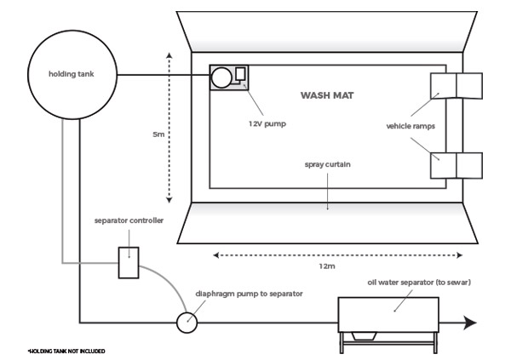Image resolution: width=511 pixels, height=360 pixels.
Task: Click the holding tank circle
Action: [73, 74]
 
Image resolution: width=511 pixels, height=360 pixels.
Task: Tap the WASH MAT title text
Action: [327, 95]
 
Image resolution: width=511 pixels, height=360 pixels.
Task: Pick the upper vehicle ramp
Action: [456, 87]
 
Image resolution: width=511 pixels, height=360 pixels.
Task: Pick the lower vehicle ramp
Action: [456, 164]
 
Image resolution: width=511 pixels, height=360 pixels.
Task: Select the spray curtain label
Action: [328, 164]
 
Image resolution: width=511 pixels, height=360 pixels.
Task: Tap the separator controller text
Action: [129, 220]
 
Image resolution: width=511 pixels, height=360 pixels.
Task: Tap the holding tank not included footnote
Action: [66, 350]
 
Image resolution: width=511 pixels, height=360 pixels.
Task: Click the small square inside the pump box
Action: [240, 73]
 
